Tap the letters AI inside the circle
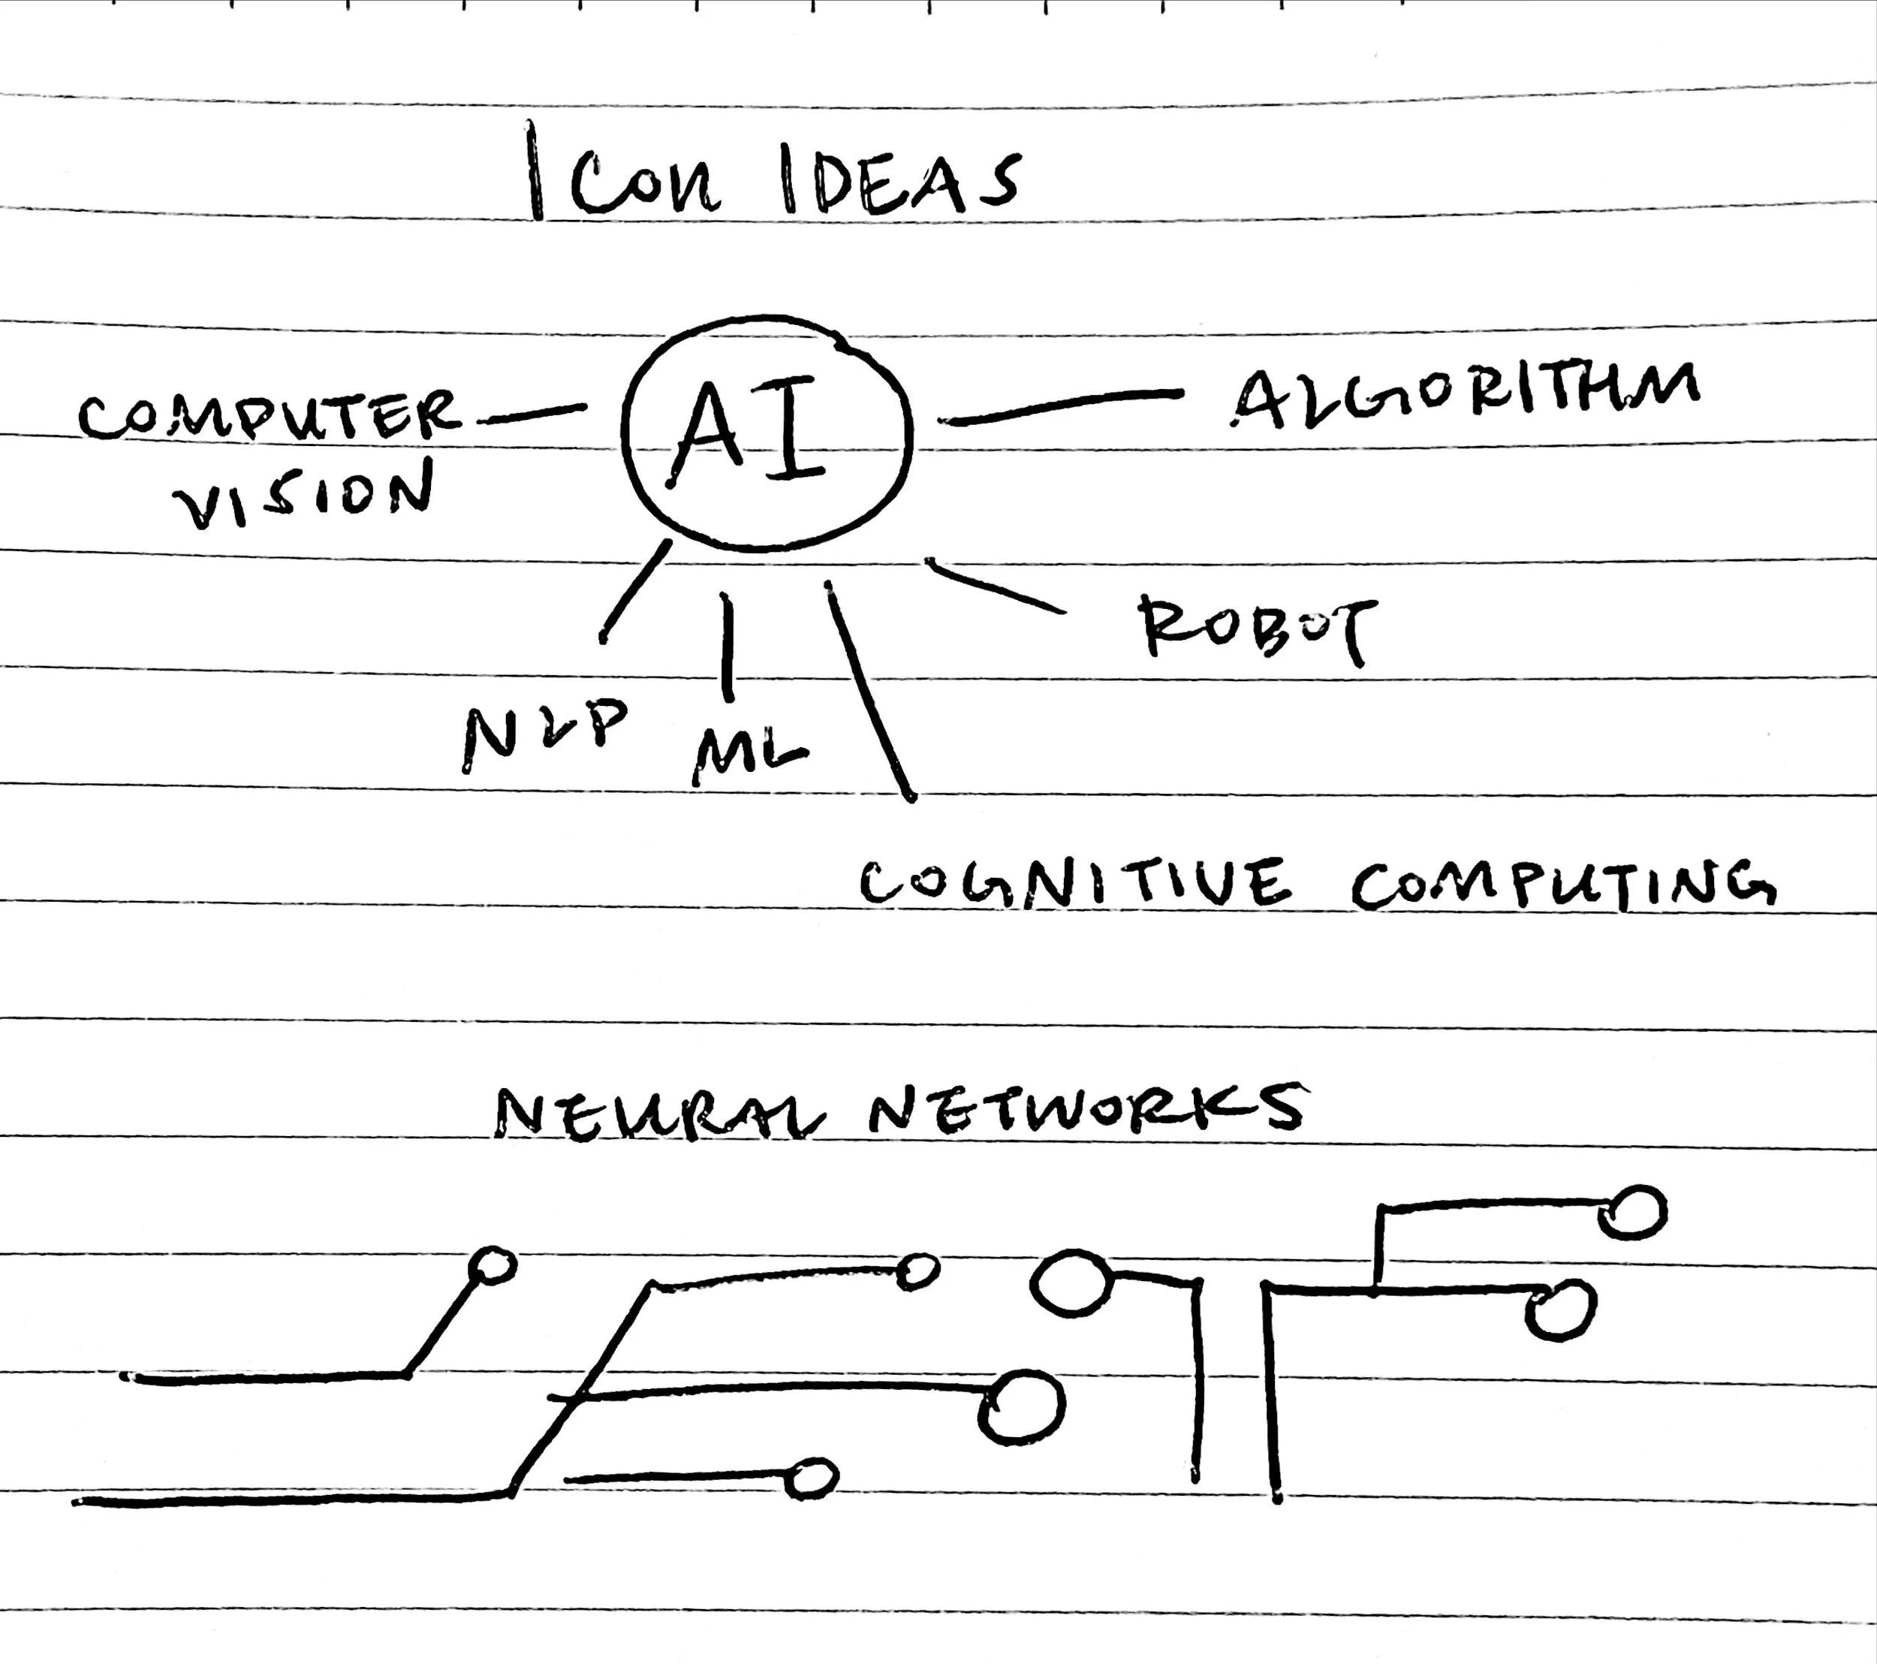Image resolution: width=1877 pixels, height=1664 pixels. [749, 431]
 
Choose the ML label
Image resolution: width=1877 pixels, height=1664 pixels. [749, 755]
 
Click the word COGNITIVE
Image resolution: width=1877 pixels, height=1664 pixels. [1075, 882]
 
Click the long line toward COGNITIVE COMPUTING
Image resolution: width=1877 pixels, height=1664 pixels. [869, 689]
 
